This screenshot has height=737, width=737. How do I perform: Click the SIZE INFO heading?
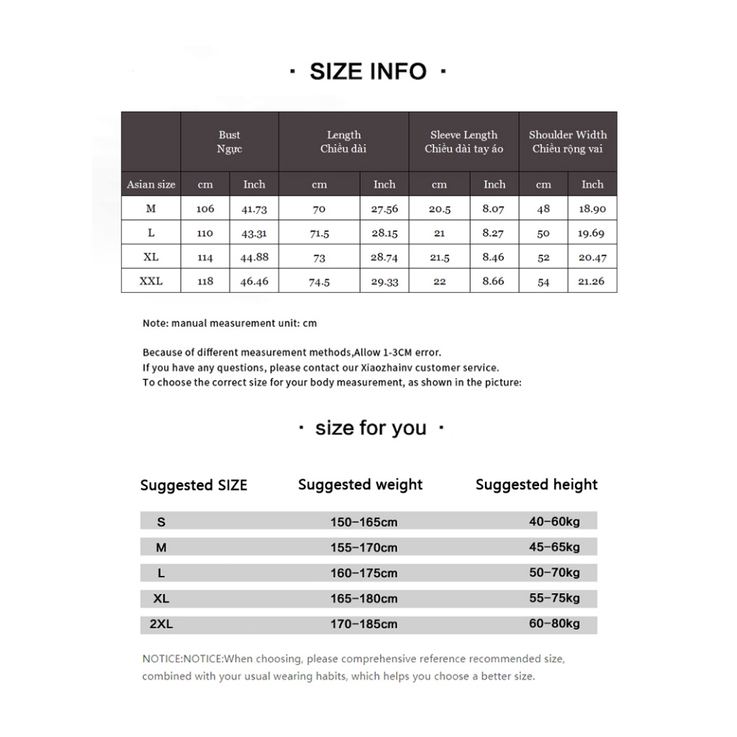tap(368, 71)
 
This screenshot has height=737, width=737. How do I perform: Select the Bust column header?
tap(230, 142)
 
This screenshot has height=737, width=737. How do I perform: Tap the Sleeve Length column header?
tap(464, 142)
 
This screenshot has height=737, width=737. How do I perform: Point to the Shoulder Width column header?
tap(568, 142)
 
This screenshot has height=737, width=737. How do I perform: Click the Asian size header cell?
tap(151, 185)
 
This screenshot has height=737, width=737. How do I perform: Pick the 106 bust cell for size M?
tap(205, 209)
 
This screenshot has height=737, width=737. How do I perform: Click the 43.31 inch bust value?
tap(254, 234)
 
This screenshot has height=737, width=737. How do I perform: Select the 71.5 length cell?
tap(319, 234)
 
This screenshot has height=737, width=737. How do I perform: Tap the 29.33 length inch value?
tap(384, 282)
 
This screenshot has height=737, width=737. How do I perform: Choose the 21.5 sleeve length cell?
tap(439, 258)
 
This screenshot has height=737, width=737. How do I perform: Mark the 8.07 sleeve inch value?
tap(494, 209)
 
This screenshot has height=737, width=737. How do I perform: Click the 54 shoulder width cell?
tap(543, 282)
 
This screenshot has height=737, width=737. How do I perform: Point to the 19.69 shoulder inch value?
tap(592, 234)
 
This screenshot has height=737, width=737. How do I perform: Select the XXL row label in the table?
tap(151, 281)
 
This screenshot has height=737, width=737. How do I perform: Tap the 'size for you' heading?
tap(371, 428)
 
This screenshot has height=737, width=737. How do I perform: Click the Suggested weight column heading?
tap(361, 485)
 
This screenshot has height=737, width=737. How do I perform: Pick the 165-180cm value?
tap(364, 599)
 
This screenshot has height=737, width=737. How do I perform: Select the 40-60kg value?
tap(554, 522)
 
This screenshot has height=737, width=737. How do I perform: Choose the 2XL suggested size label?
tap(161, 625)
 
